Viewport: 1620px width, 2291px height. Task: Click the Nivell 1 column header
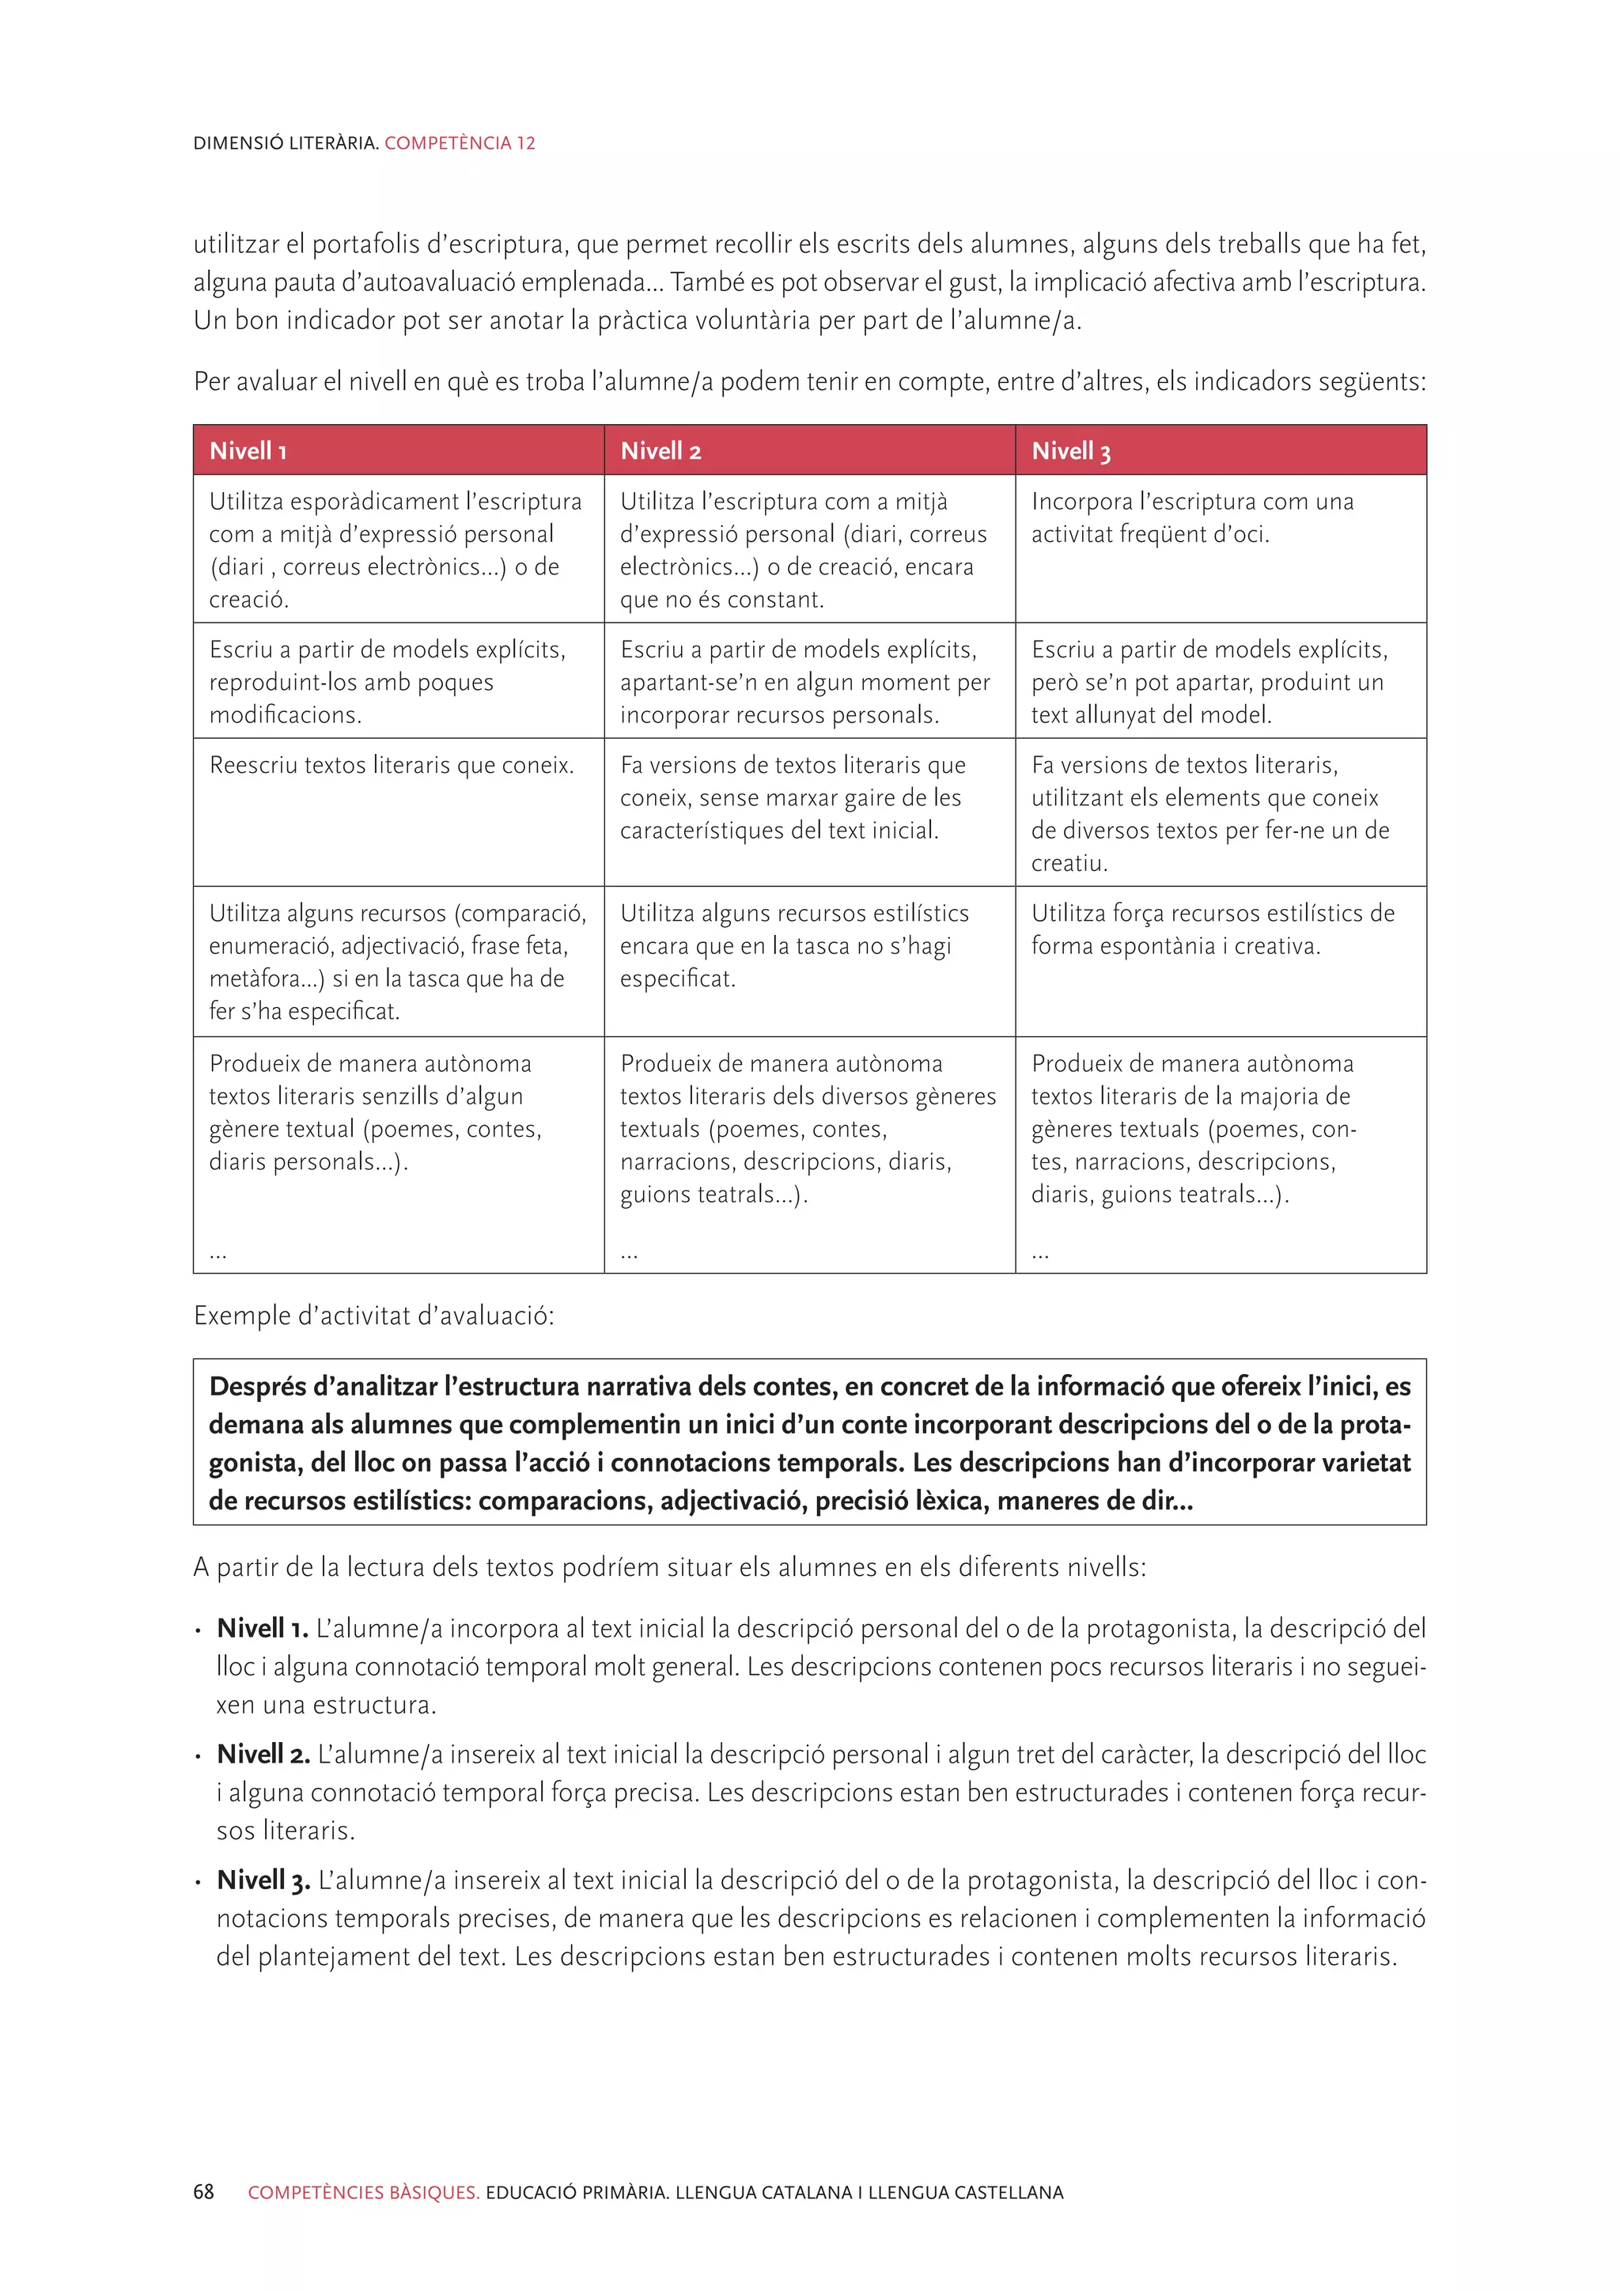click(248, 451)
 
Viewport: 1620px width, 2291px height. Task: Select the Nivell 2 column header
click(660, 451)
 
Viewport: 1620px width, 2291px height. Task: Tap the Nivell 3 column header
click(1070, 451)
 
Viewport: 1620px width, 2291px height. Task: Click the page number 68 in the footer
click(203, 2191)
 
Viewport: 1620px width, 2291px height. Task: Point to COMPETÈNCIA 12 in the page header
click(460, 142)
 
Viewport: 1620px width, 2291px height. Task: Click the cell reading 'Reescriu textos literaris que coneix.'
click(392, 765)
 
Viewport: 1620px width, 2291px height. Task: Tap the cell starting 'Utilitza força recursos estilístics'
click(1212, 929)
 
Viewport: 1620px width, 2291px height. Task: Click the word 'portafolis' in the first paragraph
click(366, 244)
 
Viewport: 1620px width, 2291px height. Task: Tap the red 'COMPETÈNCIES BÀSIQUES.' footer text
click(364, 2192)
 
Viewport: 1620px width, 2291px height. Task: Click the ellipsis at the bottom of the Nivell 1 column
click(218, 1253)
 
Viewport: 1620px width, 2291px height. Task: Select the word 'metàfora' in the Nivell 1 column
click(255, 979)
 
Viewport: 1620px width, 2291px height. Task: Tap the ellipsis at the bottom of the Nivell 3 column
click(1040, 1253)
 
